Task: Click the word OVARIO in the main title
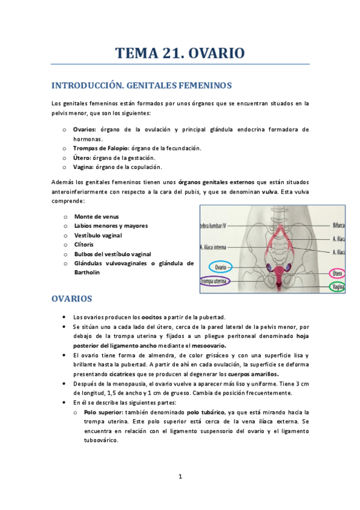point(216,53)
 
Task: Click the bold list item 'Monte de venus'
point(96,216)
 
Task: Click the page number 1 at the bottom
point(180,476)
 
